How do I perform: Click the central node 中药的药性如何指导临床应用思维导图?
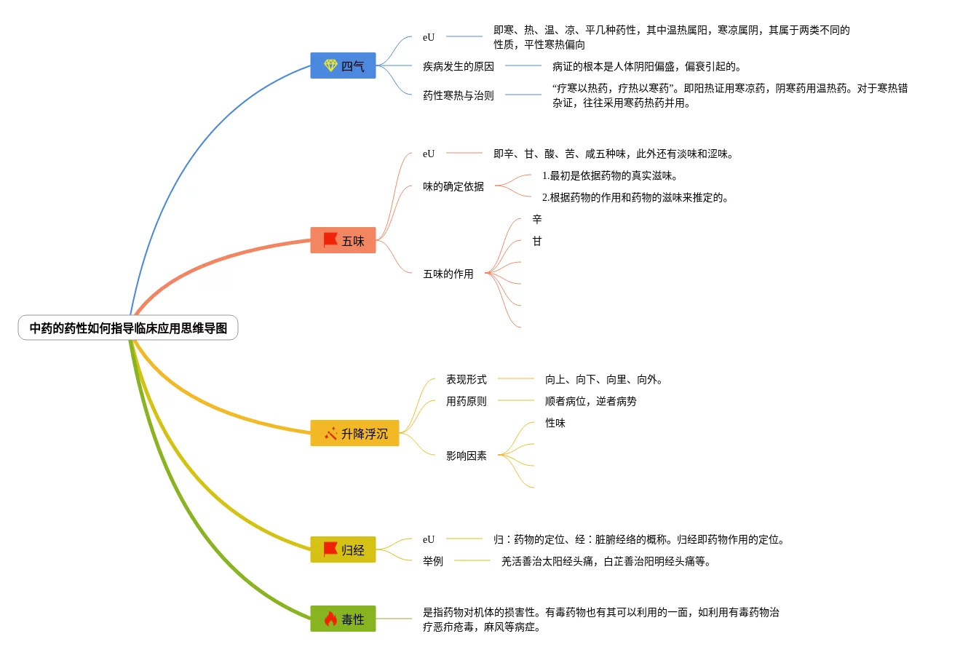click(128, 328)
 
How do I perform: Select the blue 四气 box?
click(343, 66)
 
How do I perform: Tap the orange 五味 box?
click(343, 241)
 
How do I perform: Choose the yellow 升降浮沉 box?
click(354, 434)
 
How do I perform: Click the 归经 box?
click(343, 550)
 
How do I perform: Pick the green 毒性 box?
click(343, 619)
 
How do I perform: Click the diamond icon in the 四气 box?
click(330, 65)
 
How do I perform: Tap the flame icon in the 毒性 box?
click(330, 619)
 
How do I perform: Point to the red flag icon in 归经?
click(330, 549)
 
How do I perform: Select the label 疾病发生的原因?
click(459, 66)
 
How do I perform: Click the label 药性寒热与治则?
click(459, 95)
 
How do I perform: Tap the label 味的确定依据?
click(453, 186)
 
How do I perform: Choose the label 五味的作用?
click(448, 274)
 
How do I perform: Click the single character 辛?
click(537, 219)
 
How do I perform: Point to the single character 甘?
click(537, 241)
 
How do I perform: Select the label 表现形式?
click(467, 379)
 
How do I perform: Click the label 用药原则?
click(467, 401)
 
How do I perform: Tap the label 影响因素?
click(467, 456)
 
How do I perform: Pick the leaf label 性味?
click(555, 423)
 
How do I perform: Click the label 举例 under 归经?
click(433, 561)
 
